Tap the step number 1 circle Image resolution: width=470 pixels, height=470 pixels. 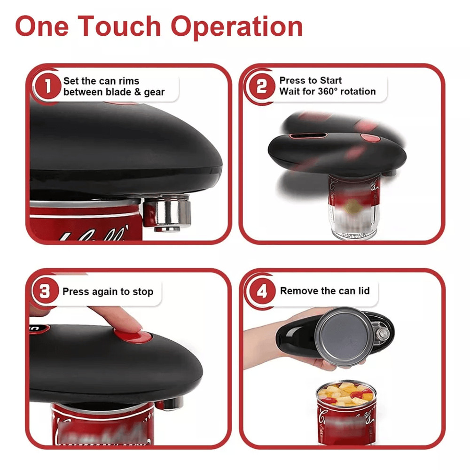(x=47, y=86)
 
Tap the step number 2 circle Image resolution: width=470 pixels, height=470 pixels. (x=261, y=86)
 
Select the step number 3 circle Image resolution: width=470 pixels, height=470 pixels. (x=45, y=291)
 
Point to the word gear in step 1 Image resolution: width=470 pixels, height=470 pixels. (x=154, y=93)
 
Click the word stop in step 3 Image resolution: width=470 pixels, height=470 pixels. (x=143, y=292)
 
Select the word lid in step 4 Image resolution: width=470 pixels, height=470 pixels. (x=363, y=291)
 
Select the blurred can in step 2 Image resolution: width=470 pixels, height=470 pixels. (x=350, y=207)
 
